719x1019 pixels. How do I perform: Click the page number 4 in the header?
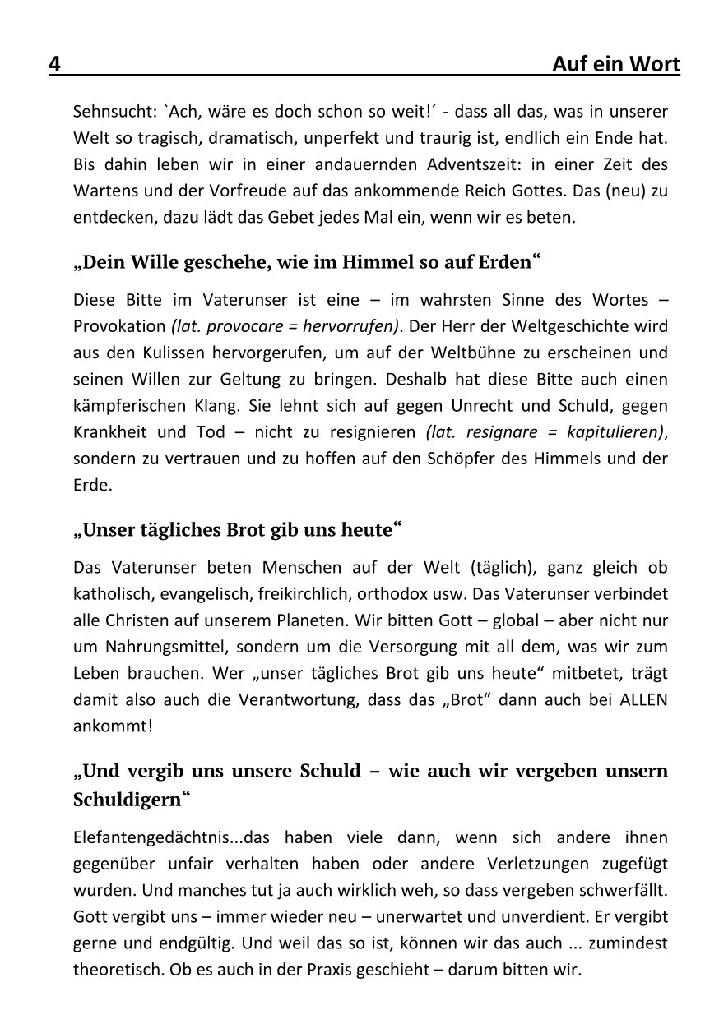(55, 65)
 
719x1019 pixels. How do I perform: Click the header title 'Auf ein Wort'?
(615, 65)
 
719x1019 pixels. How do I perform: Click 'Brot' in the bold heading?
(248, 529)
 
